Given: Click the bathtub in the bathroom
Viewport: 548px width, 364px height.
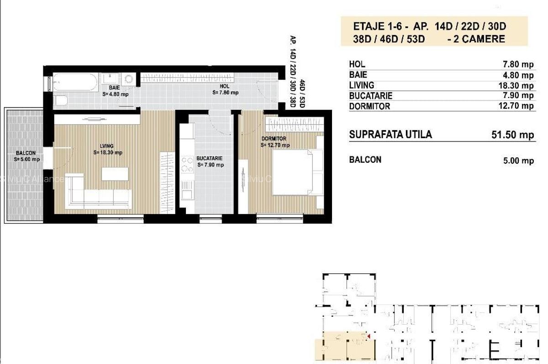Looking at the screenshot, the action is click(x=76, y=82).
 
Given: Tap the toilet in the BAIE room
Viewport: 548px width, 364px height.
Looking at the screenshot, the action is click(x=60, y=100).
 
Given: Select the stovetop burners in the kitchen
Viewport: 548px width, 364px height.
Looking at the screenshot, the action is click(x=187, y=164).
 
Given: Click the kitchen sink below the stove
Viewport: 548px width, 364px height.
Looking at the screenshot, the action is click(x=187, y=191).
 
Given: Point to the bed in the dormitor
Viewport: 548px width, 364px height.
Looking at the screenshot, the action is click(x=298, y=172).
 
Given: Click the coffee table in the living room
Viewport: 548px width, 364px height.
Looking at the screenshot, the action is click(x=115, y=174).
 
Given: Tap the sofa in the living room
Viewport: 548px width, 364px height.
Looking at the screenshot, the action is click(x=98, y=191).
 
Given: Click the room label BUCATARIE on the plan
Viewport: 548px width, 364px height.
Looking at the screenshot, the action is click(x=210, y=158).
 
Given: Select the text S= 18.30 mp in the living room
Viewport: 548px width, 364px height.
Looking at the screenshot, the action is click(x=108, y=152).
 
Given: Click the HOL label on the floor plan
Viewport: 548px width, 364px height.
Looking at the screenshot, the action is click(x=224, y=86).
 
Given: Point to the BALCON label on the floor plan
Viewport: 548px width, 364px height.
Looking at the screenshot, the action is click(x=26, y=153).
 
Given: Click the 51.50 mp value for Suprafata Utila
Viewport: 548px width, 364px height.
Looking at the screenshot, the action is click(x=512, y=135).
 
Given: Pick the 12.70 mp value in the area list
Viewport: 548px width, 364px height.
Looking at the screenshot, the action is click(x=516, y=106).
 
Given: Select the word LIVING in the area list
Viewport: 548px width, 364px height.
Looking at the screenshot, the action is click(x=362, y=85).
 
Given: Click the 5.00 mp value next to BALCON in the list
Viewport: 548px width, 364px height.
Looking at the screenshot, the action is click(x=518, y=161).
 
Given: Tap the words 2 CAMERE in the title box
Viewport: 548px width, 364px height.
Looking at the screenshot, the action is click(x=479, y=39).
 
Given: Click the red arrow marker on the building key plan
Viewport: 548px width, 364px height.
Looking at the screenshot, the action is click(x=369, y=336).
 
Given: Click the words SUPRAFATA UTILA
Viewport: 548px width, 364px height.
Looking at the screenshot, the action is click(x=390, y=135).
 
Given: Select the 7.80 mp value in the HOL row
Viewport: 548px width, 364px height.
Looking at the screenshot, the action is click(x=518, y=64).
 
